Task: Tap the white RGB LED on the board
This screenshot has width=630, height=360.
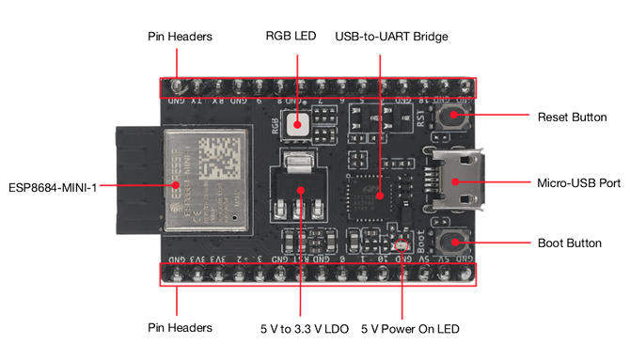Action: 299,123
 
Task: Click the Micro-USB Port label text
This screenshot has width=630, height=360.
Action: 577,182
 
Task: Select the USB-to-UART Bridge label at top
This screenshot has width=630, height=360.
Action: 392,38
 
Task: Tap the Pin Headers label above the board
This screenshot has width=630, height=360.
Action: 180,38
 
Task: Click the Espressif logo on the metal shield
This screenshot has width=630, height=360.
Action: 177,186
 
